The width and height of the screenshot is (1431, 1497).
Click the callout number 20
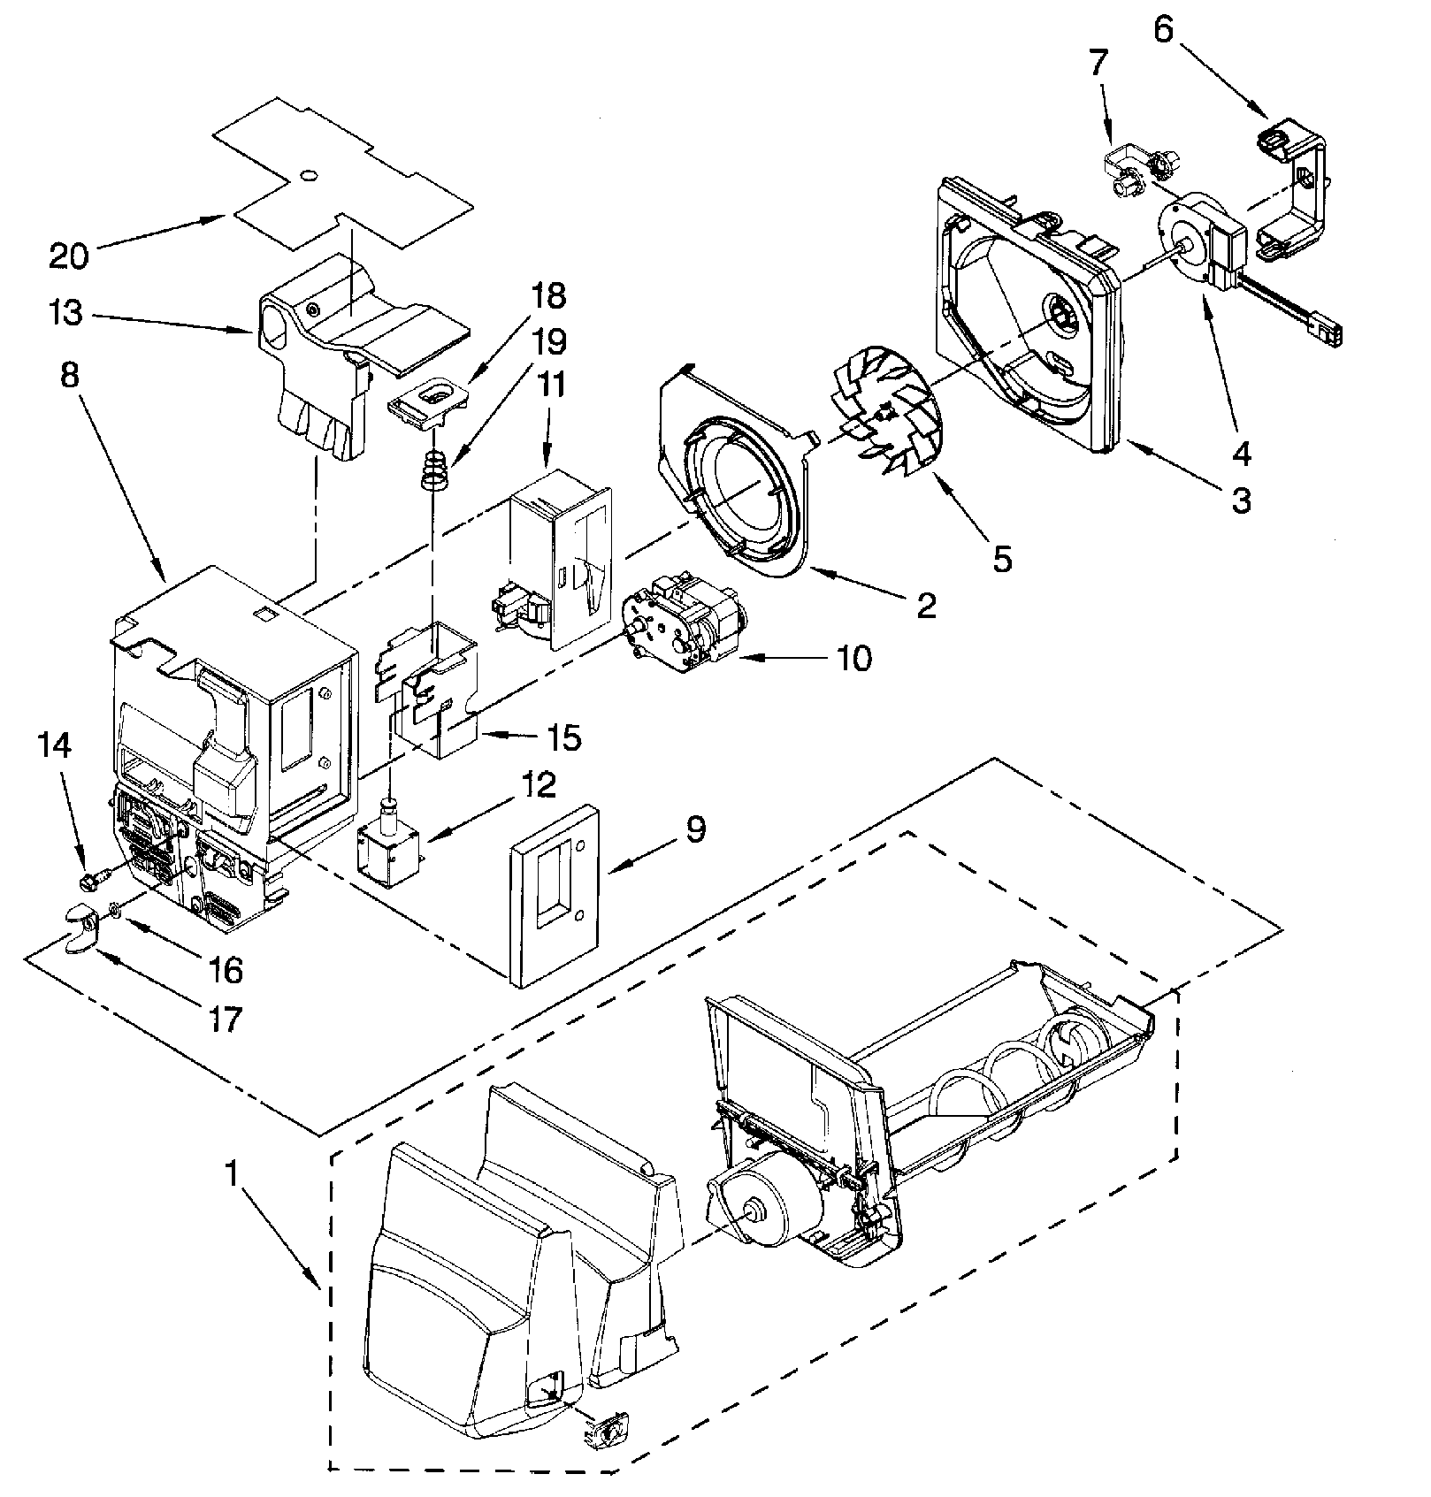point(69,256)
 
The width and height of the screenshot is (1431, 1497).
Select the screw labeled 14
point(90,881)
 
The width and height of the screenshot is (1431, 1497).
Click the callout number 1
point(231,1173)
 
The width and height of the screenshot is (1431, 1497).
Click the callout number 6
point(1163,31)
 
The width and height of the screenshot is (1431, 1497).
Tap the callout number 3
point(1242,501)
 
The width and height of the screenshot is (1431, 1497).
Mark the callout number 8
point(71,376)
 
